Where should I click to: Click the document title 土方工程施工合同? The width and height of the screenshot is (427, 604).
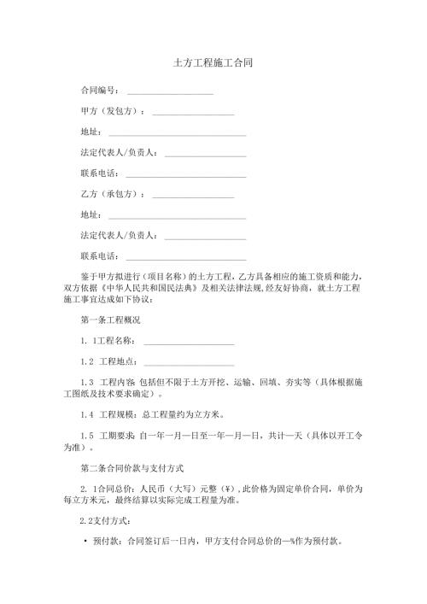[x=213, y=63]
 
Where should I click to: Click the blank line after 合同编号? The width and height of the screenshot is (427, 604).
[x=170, y=91]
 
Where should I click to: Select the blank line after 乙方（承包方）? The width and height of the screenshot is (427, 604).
[x=193, y=194]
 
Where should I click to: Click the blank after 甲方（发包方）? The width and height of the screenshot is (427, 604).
[x=193, y=112]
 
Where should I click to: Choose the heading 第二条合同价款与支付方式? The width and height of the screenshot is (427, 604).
[x=131, y=467]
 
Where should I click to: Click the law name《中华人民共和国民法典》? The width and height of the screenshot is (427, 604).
[x=157, y=288]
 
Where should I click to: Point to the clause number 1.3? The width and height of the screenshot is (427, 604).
[x=85, y=383]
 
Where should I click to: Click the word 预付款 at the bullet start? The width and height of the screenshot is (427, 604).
[x=108, y=542]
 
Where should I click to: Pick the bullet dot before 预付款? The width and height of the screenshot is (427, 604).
[x=86, y=542]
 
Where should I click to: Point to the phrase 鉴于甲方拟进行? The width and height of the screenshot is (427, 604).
[x=110, y=276]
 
